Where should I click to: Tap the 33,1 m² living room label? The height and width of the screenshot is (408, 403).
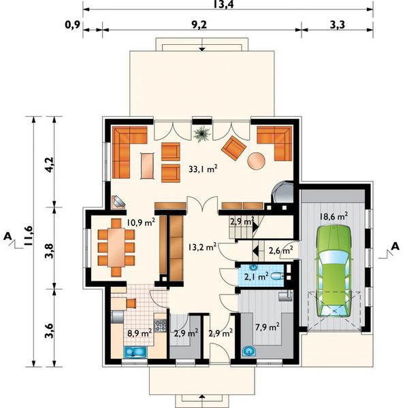point(203,169)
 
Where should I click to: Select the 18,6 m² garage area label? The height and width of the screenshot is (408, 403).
point(334,216)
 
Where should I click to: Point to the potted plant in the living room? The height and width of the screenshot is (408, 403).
point(202,134)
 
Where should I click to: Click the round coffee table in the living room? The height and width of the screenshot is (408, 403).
point(256,160)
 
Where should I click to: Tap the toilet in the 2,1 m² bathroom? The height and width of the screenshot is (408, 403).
point(277,276)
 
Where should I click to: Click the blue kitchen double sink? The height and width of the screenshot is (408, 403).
point(135,352)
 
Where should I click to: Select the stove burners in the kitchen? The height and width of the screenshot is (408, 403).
point(161,326)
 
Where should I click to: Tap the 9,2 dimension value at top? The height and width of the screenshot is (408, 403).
point(199,24)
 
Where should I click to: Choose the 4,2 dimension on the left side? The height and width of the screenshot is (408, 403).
point(49,165)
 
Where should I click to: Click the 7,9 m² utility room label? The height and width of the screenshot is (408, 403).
point(268,327)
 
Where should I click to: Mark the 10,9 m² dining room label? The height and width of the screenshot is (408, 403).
point(141,222)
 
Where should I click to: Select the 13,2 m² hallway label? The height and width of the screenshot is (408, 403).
point(202,246)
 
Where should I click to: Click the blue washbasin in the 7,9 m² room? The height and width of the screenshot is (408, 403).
point(248,352)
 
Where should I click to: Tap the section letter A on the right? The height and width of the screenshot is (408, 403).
point(396,246)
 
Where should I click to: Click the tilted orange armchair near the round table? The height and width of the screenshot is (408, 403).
point(233,148)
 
